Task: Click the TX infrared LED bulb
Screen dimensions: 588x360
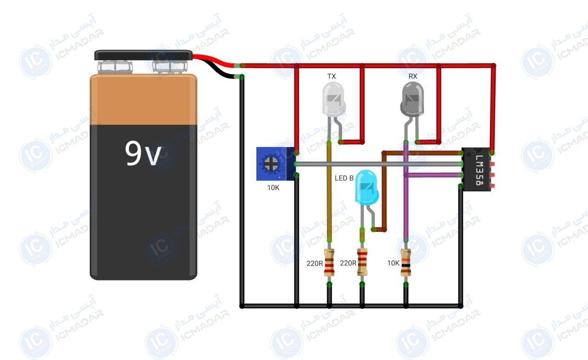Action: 334,99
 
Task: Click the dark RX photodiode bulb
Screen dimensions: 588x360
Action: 412,99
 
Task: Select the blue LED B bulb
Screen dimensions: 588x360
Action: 367,187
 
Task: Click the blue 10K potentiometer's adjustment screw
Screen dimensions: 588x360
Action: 271,164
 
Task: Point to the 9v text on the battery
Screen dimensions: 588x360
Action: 143,153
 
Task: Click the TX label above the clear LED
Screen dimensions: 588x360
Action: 332,76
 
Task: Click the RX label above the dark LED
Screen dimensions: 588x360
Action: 413,76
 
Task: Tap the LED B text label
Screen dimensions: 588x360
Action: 344,178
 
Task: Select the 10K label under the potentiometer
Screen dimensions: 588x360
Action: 273,188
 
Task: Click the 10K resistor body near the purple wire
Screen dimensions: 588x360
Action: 406,262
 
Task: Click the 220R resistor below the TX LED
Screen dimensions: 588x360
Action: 329,262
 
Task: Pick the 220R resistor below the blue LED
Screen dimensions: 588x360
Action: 362,262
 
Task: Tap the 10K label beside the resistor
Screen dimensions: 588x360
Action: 393,263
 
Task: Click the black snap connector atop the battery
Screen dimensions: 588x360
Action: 143,55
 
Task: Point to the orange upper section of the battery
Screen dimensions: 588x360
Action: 143,100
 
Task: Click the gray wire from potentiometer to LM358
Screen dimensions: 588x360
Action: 379,164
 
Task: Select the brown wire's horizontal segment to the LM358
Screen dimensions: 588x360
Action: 423,153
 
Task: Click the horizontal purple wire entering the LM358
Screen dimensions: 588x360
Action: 434,175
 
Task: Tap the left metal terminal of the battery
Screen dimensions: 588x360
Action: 115,67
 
